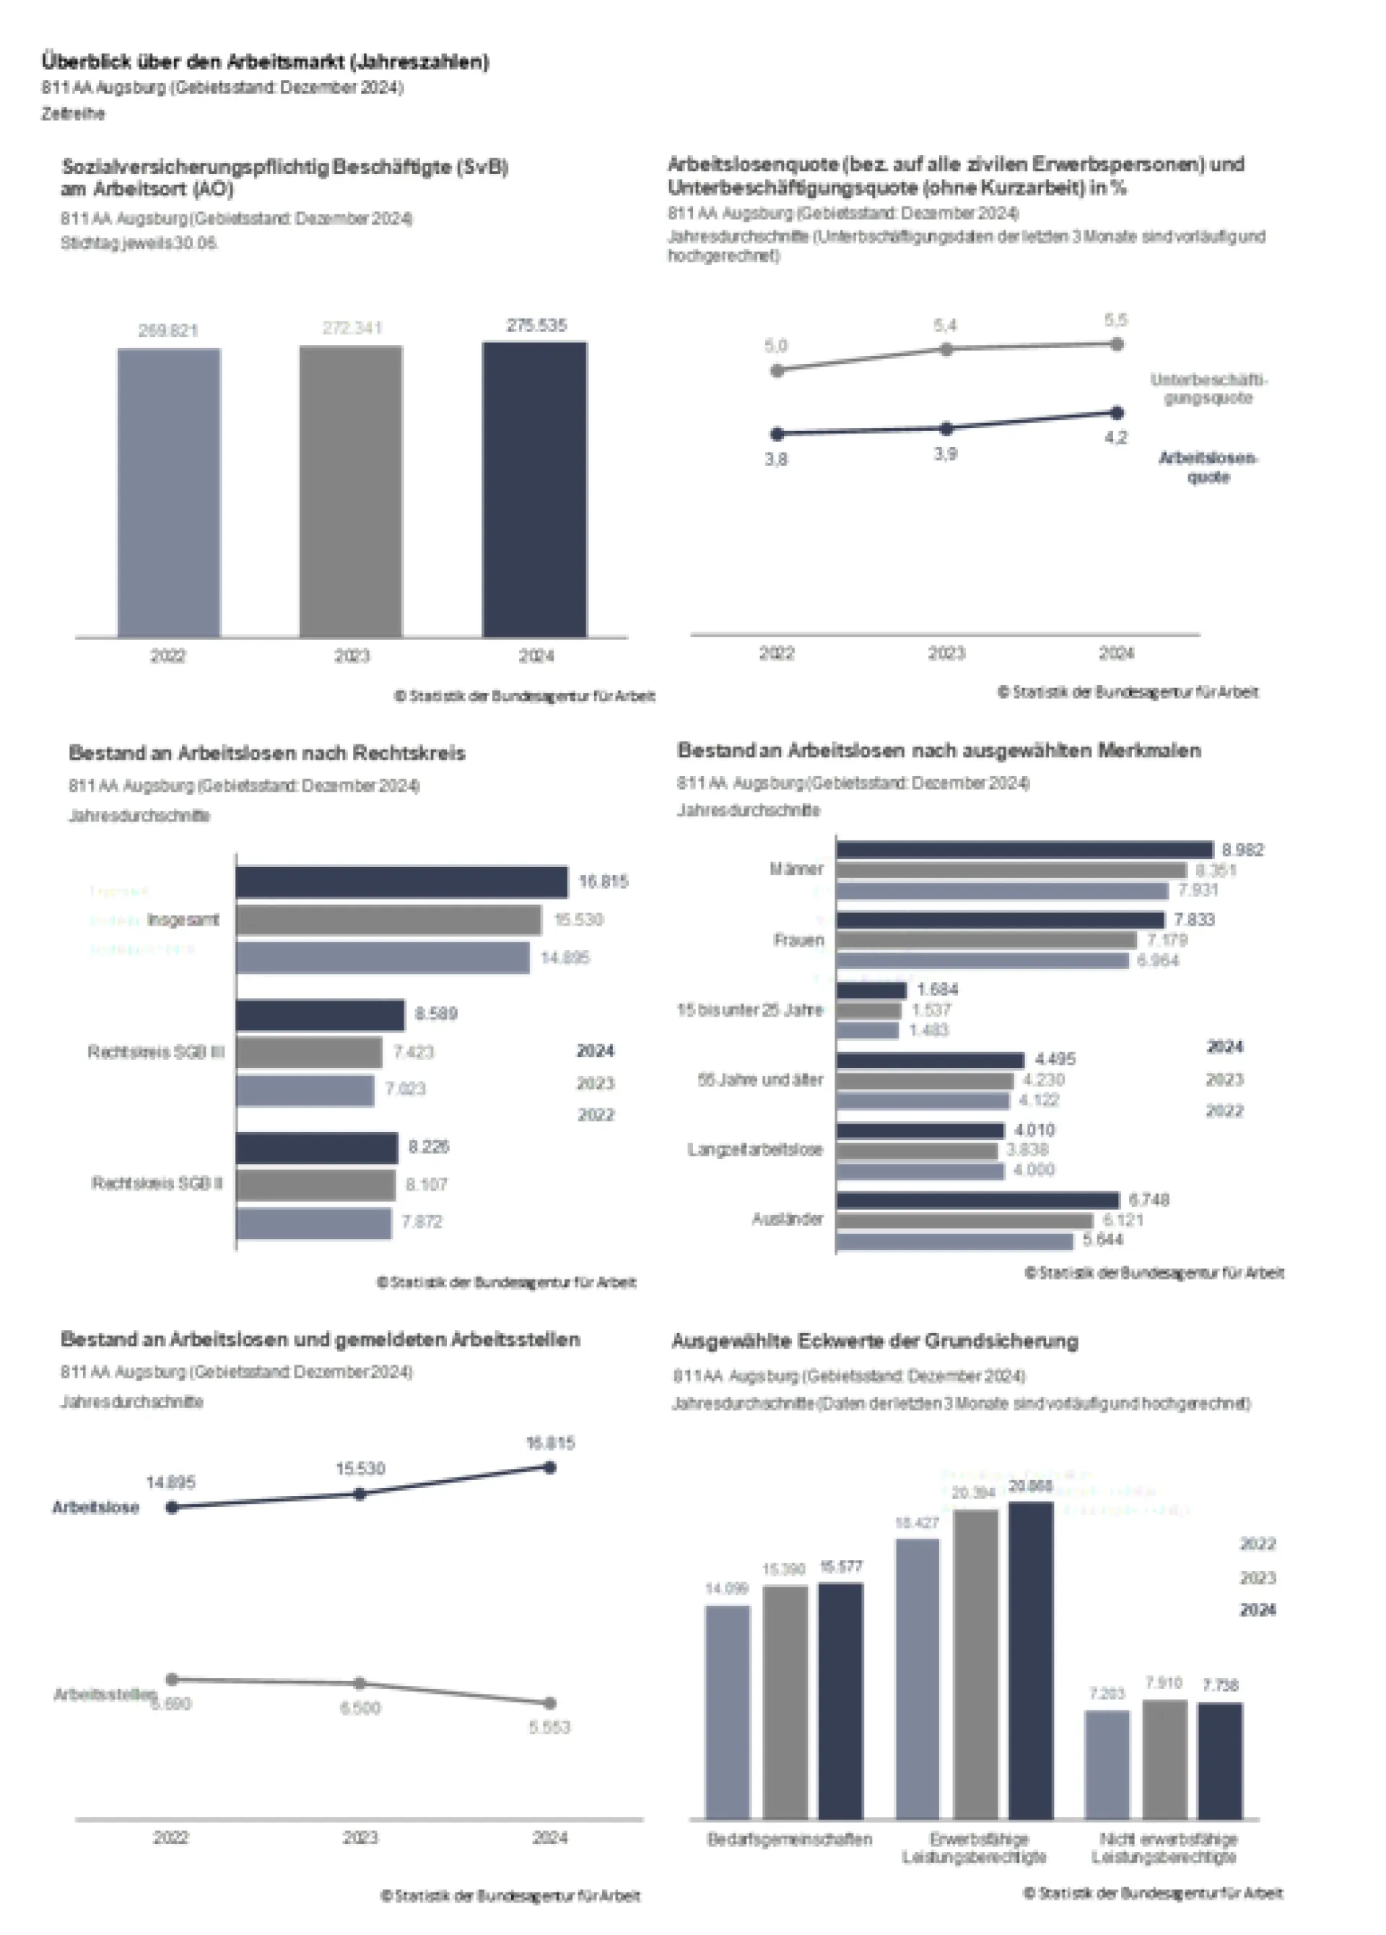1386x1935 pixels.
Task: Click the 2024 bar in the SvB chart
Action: (534, 490)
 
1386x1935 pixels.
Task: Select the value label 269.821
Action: (168, 331)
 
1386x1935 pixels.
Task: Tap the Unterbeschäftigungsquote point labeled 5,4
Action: (945, 349)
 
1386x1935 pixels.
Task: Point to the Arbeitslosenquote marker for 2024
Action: (1117, 413)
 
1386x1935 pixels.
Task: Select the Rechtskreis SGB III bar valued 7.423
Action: (309, 1053)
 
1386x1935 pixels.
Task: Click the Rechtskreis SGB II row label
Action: (157, 1183)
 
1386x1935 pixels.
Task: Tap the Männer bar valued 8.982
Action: (1024, 850)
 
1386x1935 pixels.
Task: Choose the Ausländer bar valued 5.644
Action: (954, 1240)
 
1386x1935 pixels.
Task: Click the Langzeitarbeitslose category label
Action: (755, 1150)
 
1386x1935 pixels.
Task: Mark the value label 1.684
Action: (938, 990)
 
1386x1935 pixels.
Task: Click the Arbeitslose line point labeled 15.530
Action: (360, 1494)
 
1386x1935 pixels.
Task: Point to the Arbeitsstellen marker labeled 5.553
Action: (550, 1703)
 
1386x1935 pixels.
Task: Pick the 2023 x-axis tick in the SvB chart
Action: (352, 656)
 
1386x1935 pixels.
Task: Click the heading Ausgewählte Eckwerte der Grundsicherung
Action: (874, 1342)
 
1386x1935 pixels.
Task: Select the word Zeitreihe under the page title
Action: (74, 114)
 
